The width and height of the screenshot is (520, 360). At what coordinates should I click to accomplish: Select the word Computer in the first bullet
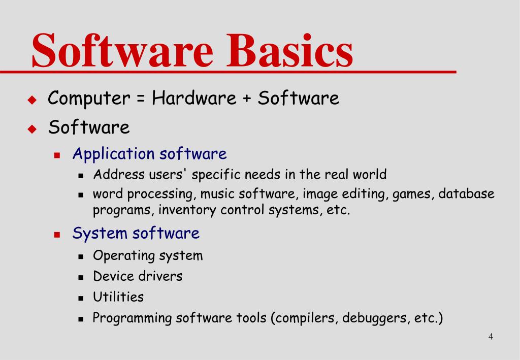click(89, 98)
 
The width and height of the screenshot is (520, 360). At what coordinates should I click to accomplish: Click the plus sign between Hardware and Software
click(247, 99)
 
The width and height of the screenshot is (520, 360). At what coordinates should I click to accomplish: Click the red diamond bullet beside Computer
click(32, 100)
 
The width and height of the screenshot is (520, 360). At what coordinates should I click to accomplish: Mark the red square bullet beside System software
click(57, 235)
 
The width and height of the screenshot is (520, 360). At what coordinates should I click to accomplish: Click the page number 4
click(491, 337)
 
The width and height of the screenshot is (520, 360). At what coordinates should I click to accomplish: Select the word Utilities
click(118, 297)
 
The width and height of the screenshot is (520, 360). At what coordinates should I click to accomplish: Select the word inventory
click(187, 210)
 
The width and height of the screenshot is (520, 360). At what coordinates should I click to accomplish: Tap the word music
click(217, 194)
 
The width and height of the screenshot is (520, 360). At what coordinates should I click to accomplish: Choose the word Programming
click(132, 318)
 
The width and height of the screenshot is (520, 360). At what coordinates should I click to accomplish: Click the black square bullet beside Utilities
click(81, 298)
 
